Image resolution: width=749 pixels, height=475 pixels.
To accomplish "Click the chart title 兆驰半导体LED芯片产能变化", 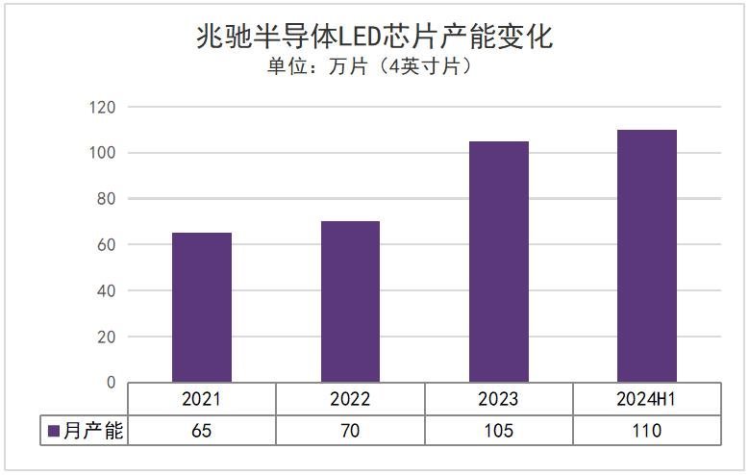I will tap(374, 37).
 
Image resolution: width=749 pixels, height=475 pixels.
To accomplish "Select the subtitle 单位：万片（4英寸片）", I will tap(374, 68).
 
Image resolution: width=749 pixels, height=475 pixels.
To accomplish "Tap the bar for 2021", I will tap(201, 308).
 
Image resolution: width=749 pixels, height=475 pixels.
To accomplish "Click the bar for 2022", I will tap(350, 302).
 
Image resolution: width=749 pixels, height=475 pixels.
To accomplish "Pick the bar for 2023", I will tap(499, 262).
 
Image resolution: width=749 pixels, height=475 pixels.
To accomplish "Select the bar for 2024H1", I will tap(647, 256).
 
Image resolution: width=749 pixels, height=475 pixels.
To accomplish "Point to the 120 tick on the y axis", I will tap(102, 107).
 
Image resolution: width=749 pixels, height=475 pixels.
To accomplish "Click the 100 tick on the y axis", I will tap(102, 153).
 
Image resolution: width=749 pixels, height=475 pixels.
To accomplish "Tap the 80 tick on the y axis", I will tap(106, 199).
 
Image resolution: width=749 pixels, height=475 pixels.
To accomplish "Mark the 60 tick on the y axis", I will tap(106, 245).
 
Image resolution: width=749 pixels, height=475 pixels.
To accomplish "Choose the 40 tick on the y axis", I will tap(106, 290).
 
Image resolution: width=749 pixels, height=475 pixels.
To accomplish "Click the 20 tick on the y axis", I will tap(106, 337).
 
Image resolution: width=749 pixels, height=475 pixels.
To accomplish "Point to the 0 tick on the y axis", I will tap(111, 383).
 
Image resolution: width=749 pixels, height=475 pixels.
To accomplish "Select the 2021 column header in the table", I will tap(201, 399).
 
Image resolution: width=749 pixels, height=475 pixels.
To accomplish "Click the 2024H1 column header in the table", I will tap(647, 399).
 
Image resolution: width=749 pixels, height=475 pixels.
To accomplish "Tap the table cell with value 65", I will tap(201, 431).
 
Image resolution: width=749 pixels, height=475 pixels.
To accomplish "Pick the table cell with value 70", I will tap(350, 431).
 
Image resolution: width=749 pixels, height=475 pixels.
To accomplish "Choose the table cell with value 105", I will tap(499, 431).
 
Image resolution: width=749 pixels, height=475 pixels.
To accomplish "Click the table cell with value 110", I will tap(647, 431).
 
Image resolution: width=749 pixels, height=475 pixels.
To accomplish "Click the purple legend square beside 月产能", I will tap(54, 431).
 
